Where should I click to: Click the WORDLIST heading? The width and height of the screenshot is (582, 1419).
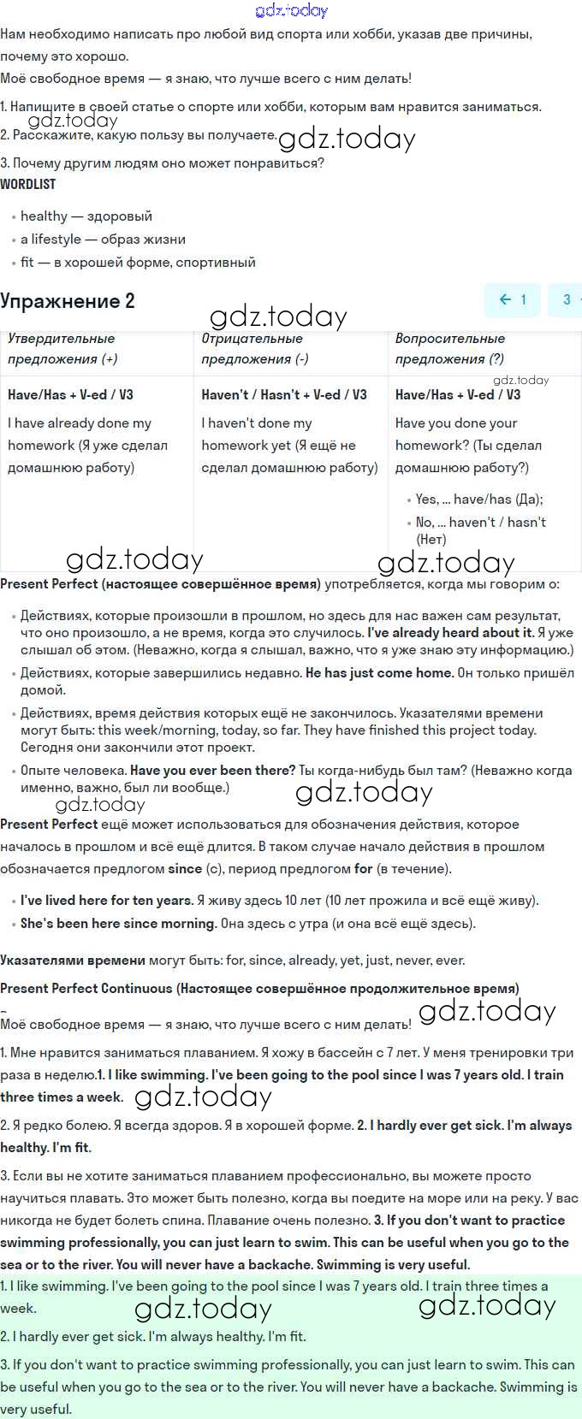28,184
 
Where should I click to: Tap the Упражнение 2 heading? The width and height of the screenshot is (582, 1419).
68,301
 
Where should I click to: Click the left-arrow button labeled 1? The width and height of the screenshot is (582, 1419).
513,299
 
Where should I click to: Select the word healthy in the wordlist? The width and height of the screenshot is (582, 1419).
44,216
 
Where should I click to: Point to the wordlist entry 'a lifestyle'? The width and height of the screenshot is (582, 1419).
50,239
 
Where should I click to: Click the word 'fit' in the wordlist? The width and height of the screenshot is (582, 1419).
27,263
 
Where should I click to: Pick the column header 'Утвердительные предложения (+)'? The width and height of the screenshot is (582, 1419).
62,349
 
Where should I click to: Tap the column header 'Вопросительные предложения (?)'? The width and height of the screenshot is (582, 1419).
449,349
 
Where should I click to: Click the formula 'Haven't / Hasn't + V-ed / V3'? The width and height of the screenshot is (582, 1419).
284,394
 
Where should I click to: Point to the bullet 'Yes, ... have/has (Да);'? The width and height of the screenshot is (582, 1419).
479,500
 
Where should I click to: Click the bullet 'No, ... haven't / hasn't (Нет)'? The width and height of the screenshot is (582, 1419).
480,530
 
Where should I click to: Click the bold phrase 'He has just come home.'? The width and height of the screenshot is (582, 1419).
379,673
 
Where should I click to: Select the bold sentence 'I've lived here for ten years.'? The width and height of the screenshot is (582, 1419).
107,901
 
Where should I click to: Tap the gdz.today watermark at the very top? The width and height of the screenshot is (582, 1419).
291,10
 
